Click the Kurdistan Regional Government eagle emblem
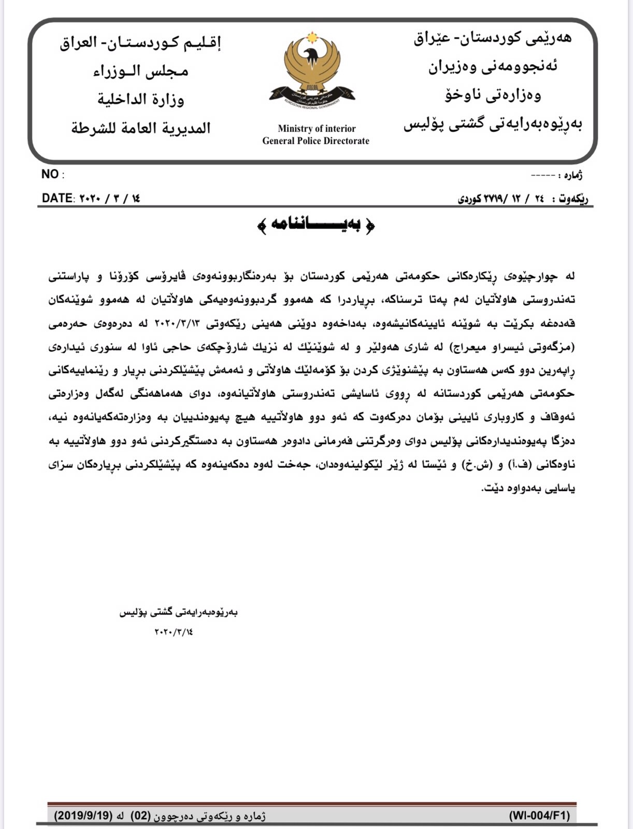pos(312,70)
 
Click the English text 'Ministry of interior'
pos(316,128)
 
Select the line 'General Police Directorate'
pos(315,141)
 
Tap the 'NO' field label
pos(50,175)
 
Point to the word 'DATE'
pos(57,198)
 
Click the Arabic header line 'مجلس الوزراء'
pos(140,70)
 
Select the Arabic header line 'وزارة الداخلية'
pos(140,98)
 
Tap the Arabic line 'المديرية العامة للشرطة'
pos(141,127)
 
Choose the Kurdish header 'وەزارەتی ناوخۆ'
pos(493,95)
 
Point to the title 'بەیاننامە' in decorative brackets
pos(316,225)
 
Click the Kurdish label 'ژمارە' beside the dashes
pos(572,176)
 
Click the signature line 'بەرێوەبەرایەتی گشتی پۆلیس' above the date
pos(178,612)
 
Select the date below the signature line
pos(174,632)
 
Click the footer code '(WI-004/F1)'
pos(539,816)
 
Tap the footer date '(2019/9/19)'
pos(83,816)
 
